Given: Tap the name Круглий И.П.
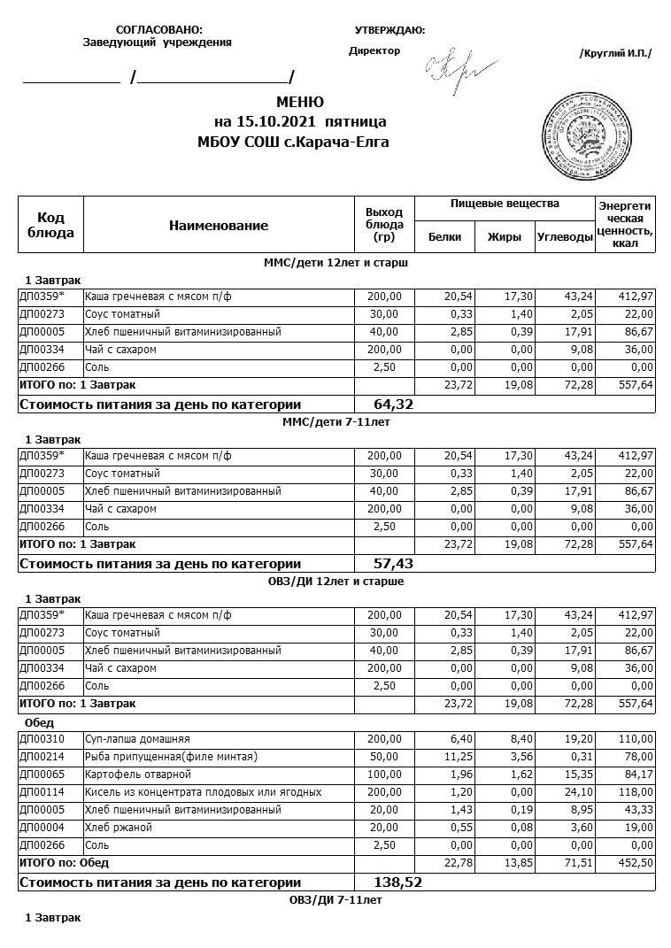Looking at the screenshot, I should pyautogui.click(x=615, y=53).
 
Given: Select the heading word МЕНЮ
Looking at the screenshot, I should pyautogui.click(x=300, y=103).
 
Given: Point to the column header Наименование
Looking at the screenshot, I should pyautogui.click(x=218, y=226).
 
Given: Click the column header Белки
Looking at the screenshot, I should pyautogui.click(x=444, y=237).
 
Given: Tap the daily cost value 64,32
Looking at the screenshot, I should pyautogui.click(x=395, y=405).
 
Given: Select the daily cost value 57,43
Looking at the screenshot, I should pyautogui.click(x=395, y=563).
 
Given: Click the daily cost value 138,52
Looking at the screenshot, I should pyautogui.click(x=395, y=882).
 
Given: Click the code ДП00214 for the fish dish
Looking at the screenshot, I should pyautogui.click(x=38, y=757).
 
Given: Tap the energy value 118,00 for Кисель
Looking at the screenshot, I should pyautogui.click(x=635, y=792).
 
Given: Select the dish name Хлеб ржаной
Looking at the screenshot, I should pyautogui.click(x=119, y=828).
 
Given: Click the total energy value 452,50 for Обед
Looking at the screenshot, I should pyautogui.click(x=635, y=863).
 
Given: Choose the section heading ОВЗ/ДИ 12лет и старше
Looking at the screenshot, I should pyautogui.click(x=335, y=582).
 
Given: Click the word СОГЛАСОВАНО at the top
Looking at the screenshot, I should pyautogui.click(x=159, y=30).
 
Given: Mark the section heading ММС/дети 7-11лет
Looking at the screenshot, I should pyautogui.click(x=335, y=422).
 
